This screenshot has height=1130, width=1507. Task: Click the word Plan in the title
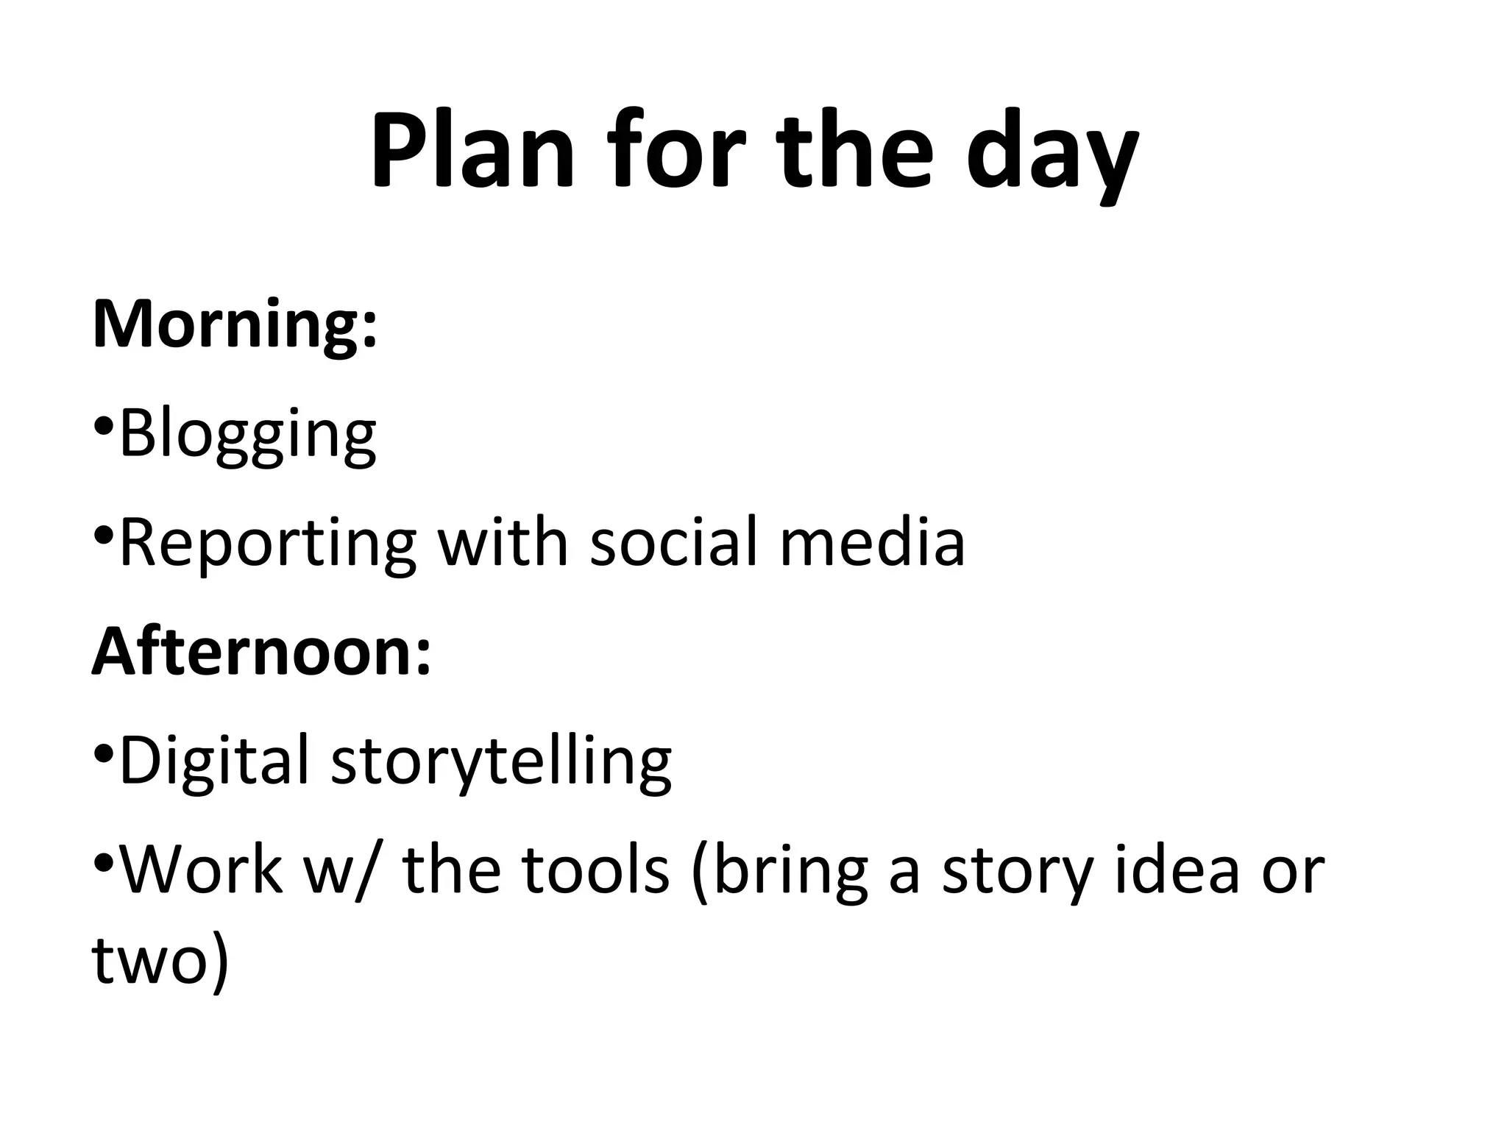[472, 151]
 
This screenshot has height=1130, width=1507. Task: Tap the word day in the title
[1053, 154]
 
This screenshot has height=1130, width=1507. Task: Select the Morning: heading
[235, 324]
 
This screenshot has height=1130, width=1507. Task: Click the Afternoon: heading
[261, 652]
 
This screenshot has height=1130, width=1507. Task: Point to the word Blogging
[247, 436]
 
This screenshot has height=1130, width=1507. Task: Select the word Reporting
[267, 544]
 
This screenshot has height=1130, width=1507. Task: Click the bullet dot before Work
[104, 861]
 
